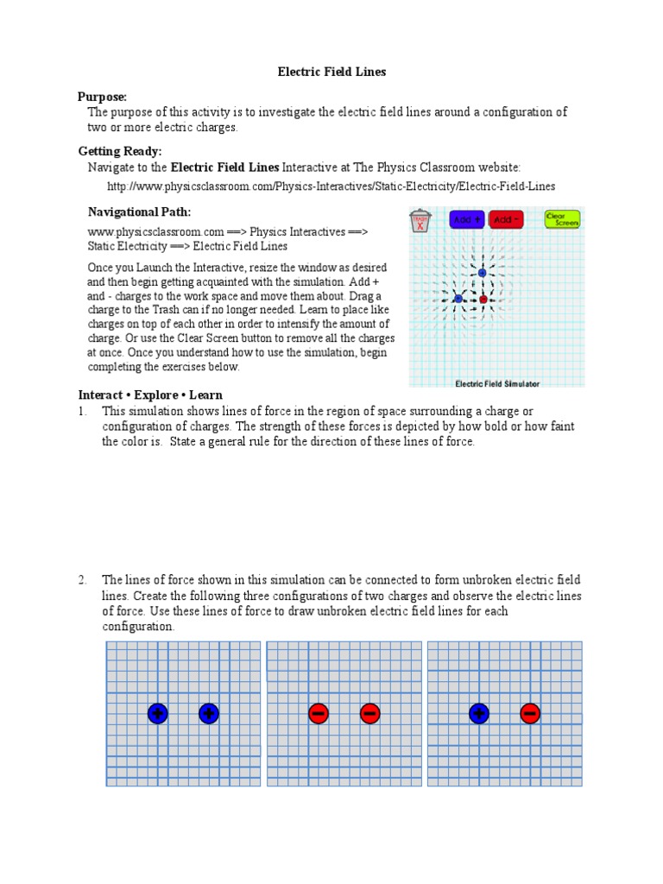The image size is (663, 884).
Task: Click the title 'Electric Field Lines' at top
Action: [331, 73]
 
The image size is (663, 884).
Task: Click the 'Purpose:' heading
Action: [102, 97]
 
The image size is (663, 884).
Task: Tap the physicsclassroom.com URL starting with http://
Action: [331, 186]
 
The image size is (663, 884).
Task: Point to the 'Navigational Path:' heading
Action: [140, 212]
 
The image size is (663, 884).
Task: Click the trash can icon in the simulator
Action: [420, 221]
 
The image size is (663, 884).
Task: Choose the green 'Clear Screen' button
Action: [562, 219]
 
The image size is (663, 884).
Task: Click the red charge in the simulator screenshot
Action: [483, 300]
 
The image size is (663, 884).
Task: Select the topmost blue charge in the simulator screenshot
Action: [482, 273]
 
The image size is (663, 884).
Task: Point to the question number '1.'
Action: [84, 411]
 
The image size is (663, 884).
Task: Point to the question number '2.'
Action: [84, 580]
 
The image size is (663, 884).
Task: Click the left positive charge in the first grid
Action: [157, 713]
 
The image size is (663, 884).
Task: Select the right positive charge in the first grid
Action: [208, 713]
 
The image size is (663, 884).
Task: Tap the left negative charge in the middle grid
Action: [318, 713]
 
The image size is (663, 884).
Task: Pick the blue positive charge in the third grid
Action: [478, 713]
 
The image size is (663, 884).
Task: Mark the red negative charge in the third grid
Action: [530, 713]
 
